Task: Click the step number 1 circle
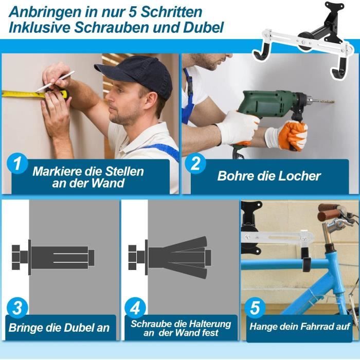pyautogui.click(x=17, y=165)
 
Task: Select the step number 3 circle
pyautogui.click(x=17, y=309)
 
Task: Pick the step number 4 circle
pyautogui.click(x=136, y=309)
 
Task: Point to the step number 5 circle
pyautogui.click(x=255, y=309)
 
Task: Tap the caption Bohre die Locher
pyautogui.click(x=268, y=176)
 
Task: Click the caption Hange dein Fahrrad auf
pyautogui.click(x=300, y=326)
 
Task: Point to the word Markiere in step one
pyautogui.click(x=55, y=171)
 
